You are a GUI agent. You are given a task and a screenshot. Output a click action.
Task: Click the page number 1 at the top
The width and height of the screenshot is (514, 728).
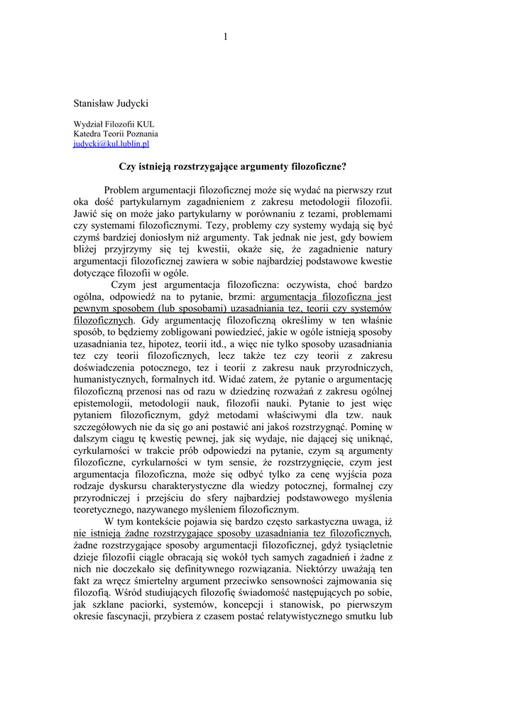click(224, 38)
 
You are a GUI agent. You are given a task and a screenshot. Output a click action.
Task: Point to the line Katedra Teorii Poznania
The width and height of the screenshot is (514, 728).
click(116, 133)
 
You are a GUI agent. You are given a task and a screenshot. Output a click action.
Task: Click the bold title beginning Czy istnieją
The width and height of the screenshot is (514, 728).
click(232, 167)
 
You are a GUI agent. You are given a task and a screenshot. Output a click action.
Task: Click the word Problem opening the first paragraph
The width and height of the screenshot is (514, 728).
click(125, 191)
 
